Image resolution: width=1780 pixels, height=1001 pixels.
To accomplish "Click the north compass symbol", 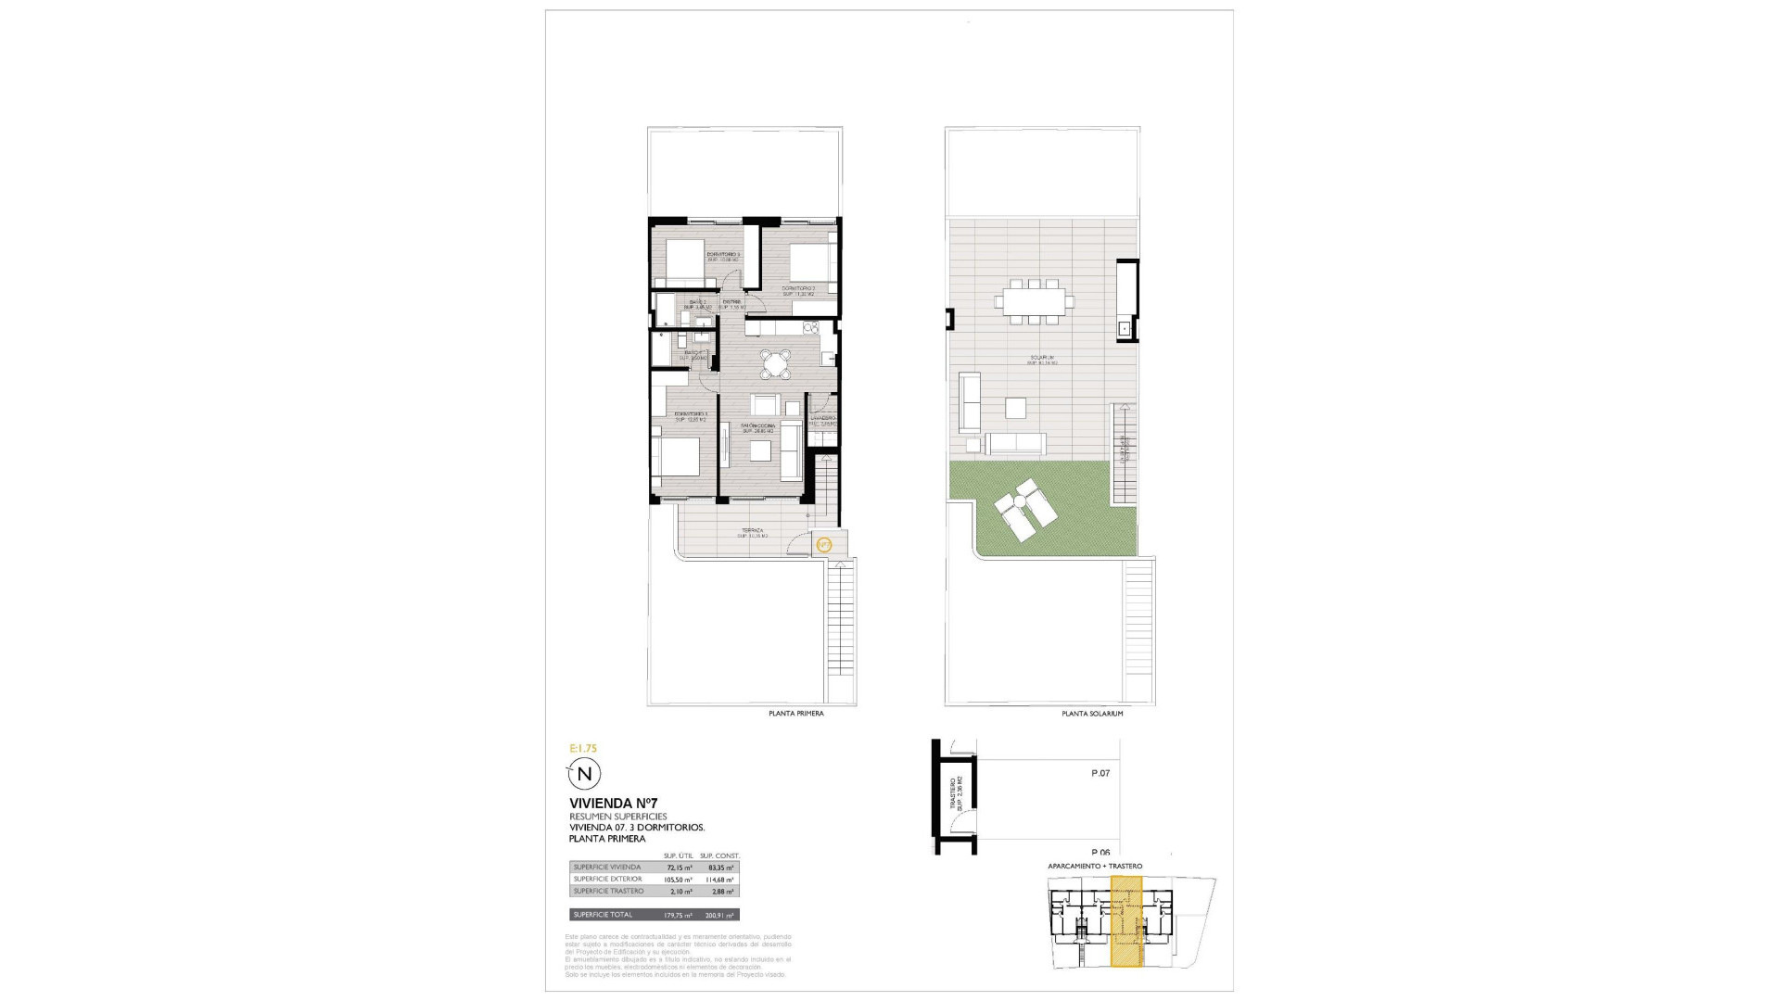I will [584, 773].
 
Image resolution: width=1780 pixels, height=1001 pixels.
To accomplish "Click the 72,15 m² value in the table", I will [680, 868].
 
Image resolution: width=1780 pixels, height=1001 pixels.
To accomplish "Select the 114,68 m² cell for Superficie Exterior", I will [719, 880].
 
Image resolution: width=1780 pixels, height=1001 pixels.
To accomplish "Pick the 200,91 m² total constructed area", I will [719, 915].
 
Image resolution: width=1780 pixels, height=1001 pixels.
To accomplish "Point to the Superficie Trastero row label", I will [608, 892].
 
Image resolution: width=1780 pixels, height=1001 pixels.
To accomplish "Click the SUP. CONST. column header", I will [719, 855].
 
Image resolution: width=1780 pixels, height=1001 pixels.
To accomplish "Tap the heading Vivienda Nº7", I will [613, 803].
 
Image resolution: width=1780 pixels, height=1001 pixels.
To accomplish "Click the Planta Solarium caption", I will [1092, 714].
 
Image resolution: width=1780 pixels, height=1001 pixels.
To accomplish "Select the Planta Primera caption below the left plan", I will [795, 714].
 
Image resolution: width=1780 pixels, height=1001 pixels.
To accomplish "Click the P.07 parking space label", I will [1100, 773].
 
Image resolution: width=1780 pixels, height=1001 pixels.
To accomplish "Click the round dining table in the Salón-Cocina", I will [773, 363].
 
